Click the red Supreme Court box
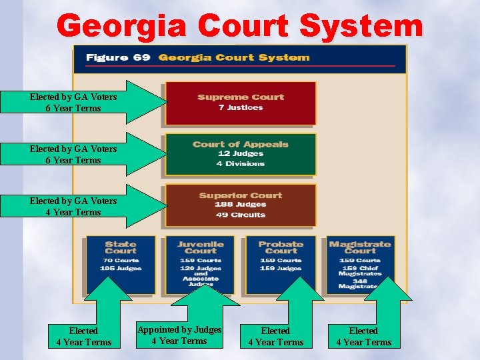coord(240,103)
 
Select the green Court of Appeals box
coord(240,154)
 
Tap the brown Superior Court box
coord(240,205)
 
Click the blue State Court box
coord(120,264)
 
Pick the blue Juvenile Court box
coord(200,264)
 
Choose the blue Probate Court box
coord(280,264)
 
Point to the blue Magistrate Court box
coord(360,264)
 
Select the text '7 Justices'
coord(241,108)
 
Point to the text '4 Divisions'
coord(241,164)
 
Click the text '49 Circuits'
coord(241,215)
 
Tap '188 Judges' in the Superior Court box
coord(241,205)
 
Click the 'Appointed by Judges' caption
coord(179,330)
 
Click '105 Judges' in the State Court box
coord(120,268)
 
